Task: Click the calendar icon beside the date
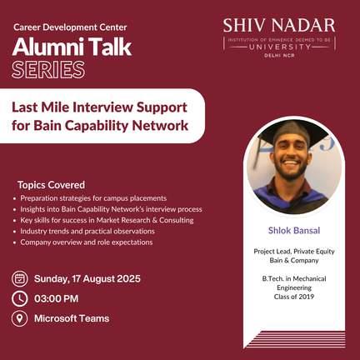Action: (x=20, y=278)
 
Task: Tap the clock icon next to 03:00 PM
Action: (x=20, y=298)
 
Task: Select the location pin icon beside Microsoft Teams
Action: (x=20, y=318)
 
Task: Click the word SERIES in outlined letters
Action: (x=48, y=70)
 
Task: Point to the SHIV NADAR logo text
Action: (x=279, y=26)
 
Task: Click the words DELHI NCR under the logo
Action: (x=279, y=56)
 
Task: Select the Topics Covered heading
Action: (x=52, y=185)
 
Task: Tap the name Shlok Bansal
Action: (x=294, y=230)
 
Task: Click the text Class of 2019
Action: (x=294, y=297)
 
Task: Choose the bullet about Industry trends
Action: (x=87, y=231)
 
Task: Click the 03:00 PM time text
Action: (x=57, y=298)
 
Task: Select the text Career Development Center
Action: (x=70, y=27)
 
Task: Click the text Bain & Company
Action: (x=294, y=261)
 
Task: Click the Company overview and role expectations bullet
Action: (x=87, y=242)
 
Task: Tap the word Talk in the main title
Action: (x=110, y=47)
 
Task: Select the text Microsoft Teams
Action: (x=72, y=318)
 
